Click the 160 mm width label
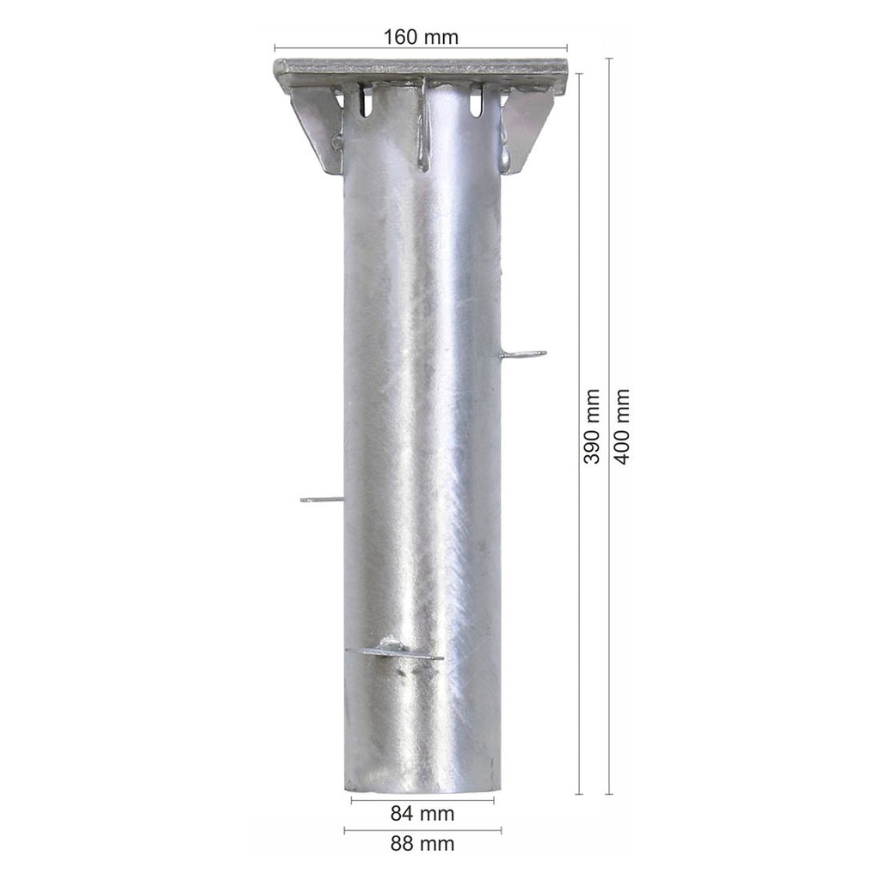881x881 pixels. point(421,37)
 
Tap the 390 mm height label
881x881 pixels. point(591,427)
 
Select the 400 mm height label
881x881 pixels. point(621,427)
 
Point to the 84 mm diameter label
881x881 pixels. point(422,813)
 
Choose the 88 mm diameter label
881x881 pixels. point(422,843)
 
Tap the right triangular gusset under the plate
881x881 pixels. point(527,131)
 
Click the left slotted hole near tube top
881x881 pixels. point(365,101)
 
